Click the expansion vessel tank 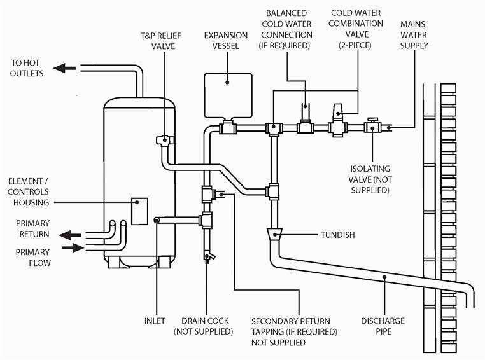tap(228, 95)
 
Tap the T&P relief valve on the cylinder tap(164, 141)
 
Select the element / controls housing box tap(139, 211)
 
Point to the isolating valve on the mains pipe tap(372, 127)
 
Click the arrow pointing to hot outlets tap(64, 68)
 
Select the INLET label tap(155, 321)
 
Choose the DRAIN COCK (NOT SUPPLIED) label tap(204, 326)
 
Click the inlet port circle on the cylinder tap(157, 220)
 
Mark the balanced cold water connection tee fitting tap(306, 127)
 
